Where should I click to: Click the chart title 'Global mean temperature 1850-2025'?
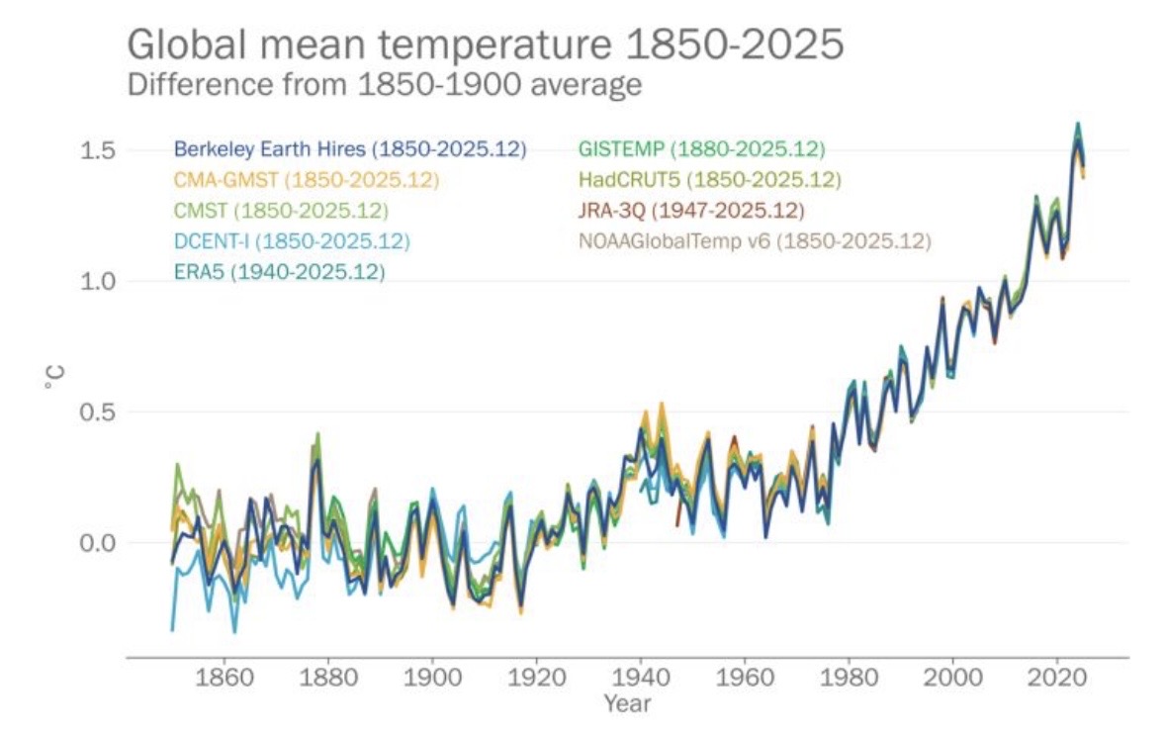point(486,46)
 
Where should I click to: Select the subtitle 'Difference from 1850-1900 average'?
point(385,85)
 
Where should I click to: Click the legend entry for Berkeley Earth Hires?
point(350,149)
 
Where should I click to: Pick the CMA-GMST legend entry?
point(306,180)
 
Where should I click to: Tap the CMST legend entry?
point(281,211)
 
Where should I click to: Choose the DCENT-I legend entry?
point(291,240)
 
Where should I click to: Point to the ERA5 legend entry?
point(279,271)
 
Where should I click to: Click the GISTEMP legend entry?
point(700,149)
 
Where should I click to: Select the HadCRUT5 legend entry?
point(708,180)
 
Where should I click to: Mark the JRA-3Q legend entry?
point(690,211)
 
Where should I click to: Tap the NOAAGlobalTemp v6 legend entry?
point(754,240)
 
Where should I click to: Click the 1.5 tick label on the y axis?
point(99,150)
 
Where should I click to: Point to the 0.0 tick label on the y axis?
point(99,542)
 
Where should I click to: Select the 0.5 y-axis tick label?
point(99,412)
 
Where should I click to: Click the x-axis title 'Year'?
point(627,704)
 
